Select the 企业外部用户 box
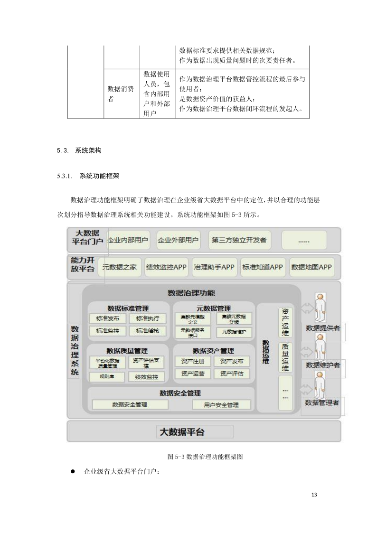coord(178,240)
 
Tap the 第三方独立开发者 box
coord(239,240)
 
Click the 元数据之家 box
coord(119,267)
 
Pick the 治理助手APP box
coord(214,267)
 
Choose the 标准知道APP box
coord(262,267)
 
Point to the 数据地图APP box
coord(311,267)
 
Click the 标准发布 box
coord(107,318)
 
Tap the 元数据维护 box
coord(234,332)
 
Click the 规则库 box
coord(107,377)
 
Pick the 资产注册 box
coord(193,361)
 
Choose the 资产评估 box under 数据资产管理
coord(232,374)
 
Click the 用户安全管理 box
coord(221,405)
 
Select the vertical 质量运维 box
coord(285,357)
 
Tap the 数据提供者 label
coord(322,327)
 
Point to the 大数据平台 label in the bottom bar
coord(182,432)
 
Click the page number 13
coord(314,495)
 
